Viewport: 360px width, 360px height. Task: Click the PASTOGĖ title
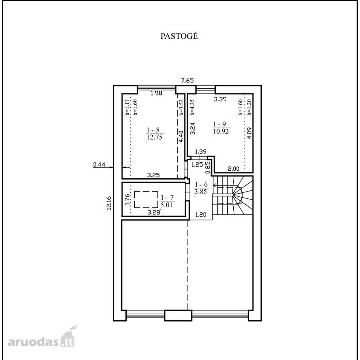[179, 36]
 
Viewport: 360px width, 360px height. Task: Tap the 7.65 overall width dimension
[187, 80]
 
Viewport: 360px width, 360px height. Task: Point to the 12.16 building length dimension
[109, 203]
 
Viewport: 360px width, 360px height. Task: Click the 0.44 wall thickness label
[99, 164]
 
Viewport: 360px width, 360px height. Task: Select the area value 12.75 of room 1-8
[155, 137]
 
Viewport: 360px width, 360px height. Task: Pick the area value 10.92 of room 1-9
[221, 131]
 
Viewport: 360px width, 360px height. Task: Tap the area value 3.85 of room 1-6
[201, 192]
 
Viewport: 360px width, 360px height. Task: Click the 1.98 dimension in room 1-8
[156, 93]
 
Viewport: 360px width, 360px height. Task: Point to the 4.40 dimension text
[181, 136]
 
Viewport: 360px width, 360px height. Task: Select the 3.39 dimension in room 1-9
[220, 99]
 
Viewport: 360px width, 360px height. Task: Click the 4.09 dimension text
[249, 133]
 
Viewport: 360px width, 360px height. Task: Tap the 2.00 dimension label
[233, 169]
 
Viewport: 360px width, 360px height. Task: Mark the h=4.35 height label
[193, 107]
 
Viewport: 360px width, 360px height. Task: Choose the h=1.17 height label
[126, 107]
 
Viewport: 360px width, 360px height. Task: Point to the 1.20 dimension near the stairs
[201, 215]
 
